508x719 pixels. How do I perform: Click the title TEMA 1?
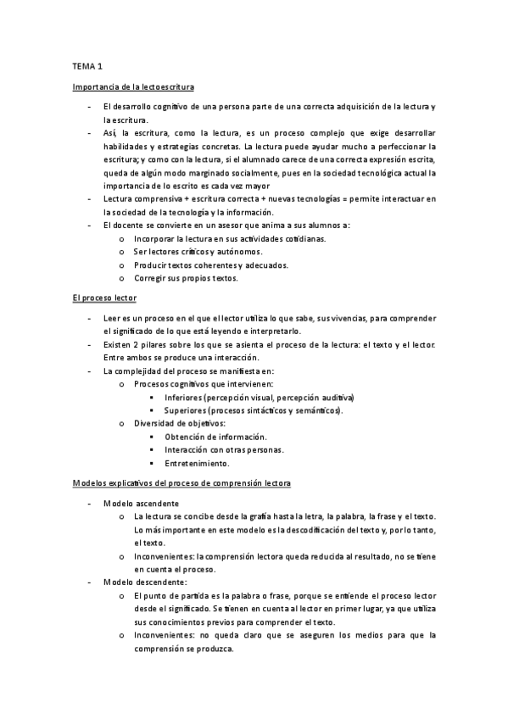pos(87,64)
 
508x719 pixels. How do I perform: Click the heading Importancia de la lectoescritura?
pos(134,86)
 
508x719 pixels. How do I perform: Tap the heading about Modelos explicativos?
pos(181,483)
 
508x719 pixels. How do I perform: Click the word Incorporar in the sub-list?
pos(155,239)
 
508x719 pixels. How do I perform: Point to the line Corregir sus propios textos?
pos(186,277)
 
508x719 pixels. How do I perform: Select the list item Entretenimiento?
pos(197,463)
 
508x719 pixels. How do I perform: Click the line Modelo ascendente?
pos(140,503)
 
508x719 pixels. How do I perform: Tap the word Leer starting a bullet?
pos(111,318)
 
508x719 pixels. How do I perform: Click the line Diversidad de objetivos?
pos(179,423)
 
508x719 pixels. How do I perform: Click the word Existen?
pos(116,344)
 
